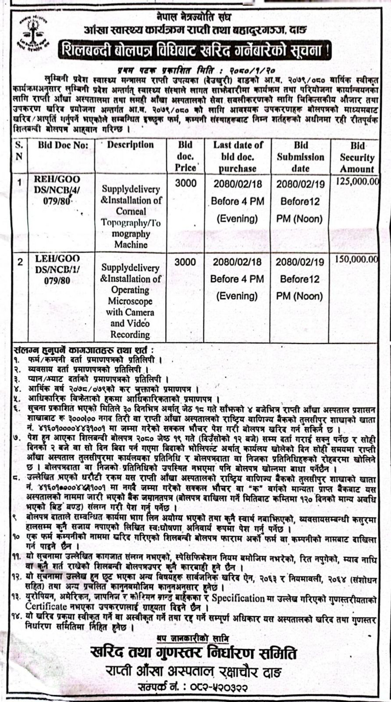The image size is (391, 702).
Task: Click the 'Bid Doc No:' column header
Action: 63,145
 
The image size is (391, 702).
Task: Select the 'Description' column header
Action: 130,144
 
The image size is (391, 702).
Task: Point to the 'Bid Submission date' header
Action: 301,157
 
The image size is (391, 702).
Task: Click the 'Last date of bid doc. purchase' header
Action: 238,156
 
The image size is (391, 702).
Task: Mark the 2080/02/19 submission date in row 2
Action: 300,262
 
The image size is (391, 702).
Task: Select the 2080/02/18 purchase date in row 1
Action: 238,184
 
